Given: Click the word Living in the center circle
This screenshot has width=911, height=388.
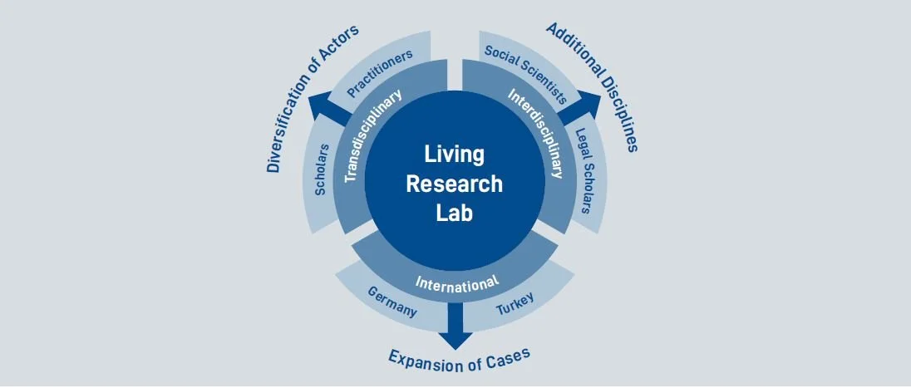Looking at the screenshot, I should (454, 155).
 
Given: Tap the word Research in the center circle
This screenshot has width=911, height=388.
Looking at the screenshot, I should (454, 183).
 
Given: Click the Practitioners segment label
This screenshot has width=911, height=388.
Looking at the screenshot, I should (379, 73).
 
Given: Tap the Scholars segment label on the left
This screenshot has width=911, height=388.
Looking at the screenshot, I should (323, 170).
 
